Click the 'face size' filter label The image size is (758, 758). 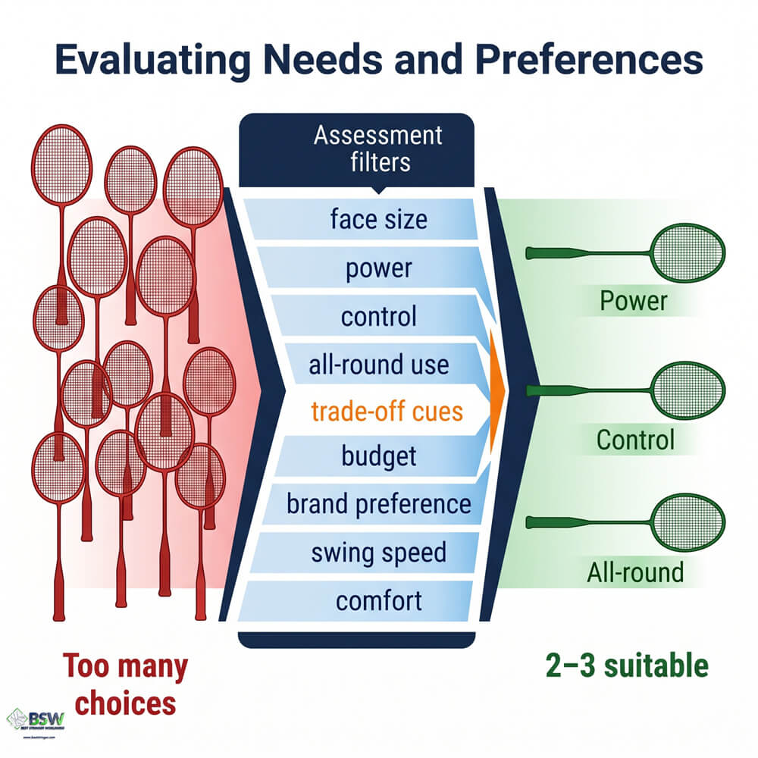pyautogui.click(x=379, y=220)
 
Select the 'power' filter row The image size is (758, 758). pyautogui.click(x=379, y=268)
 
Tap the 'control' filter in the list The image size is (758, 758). pyautogui.click(x=379, y=316)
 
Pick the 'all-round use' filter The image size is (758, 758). pyautogui.click(x=379, y=365)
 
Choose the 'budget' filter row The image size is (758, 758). pyautogui.click(x=379, y=457)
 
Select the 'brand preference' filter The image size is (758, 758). pyautogui.click(x=379, y=504)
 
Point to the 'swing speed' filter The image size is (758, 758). pyautogui.click(x=379, y=553)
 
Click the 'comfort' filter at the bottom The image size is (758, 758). pyautogui.click(x=379, y=601)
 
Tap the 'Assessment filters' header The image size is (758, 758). pyautogui.click(x=377, y=149)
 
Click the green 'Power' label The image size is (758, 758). pyautogui.click(x=633, y=301)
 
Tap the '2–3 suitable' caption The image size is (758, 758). pyautogui.click(x=627, y=666)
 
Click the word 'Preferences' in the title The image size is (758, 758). pyautogui.click(x=575, y=60)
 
